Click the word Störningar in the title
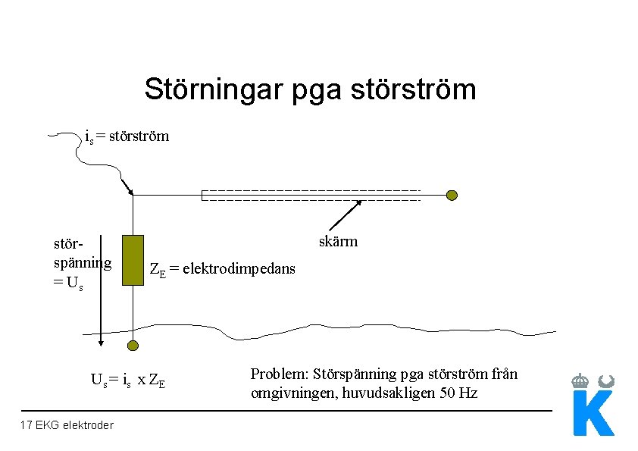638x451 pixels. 205,89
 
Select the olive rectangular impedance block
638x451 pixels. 133,260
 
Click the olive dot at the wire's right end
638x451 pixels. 452,196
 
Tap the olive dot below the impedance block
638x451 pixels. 133,346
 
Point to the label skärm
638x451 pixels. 339,242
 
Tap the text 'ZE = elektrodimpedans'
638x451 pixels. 223,270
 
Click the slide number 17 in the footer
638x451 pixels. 27,425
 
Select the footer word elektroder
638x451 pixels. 87,425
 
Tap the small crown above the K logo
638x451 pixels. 580,380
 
